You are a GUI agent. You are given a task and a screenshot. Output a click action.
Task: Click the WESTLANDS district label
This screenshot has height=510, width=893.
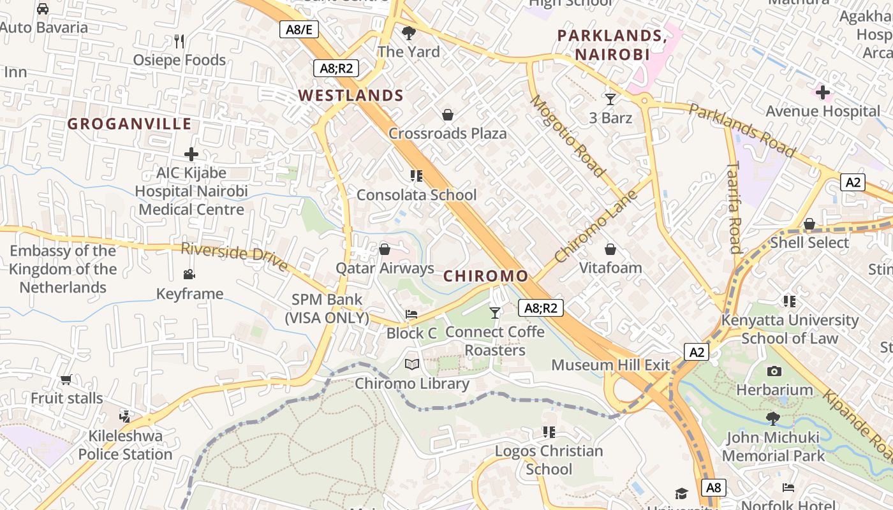(351, 96)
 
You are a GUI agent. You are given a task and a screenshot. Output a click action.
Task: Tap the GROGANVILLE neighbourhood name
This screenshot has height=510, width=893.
(129, 124)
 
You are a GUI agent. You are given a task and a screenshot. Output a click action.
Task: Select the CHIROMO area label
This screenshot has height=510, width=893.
(485, 276)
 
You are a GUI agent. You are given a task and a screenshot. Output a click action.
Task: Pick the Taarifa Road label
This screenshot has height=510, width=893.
(734, 207)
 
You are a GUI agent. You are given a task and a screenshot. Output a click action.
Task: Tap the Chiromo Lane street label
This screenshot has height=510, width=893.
(596, 226)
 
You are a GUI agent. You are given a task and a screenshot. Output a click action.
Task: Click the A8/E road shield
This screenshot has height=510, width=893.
(299, 29)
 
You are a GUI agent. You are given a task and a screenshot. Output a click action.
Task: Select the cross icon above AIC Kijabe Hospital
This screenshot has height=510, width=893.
(191, 154)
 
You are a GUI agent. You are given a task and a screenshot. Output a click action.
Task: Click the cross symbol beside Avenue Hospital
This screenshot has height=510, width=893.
(823, 92)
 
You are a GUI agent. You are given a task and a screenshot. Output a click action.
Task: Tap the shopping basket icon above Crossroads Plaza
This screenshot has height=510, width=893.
(448, 115)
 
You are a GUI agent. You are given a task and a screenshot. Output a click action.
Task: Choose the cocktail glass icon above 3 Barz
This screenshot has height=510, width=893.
(610, 99)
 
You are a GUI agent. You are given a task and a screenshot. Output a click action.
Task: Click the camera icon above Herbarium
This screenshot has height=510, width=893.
(774, 371)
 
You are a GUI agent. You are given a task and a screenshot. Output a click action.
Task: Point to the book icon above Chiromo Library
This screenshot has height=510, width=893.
(412, 365)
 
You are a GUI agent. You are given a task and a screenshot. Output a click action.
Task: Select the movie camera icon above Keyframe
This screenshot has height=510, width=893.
(189, 275)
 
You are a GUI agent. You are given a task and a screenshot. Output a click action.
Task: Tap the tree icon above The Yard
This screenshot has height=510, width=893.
(409, 33)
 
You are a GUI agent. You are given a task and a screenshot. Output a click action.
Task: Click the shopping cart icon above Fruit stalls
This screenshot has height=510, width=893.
(66, 380)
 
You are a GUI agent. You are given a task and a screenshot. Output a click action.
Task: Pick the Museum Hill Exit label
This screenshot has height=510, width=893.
(610, 365)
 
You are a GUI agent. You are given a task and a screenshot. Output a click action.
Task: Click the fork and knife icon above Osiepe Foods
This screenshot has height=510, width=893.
(179, 41)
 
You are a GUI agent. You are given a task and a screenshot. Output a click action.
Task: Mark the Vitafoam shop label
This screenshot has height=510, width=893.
(610, 268)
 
